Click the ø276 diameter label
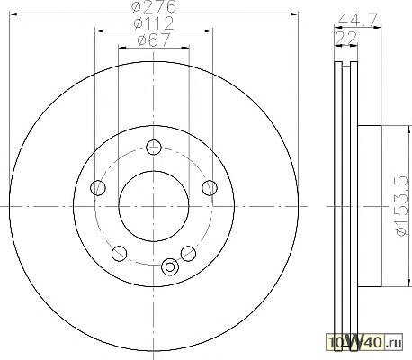[155, 6]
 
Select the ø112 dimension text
[154, 23]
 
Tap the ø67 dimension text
[154, 40]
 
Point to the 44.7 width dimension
[357, 21]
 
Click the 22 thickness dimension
[346, 38]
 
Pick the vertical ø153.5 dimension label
[401, 206]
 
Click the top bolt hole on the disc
[154, 148]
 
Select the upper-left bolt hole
[98, 188]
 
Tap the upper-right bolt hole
[210, 188]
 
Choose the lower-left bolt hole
[119, 254]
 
